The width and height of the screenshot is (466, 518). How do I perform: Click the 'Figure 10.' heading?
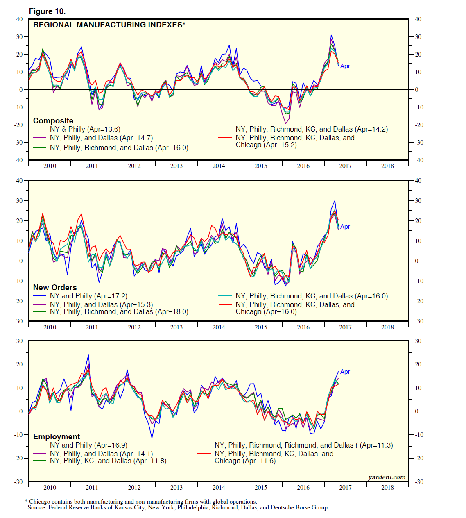(x=47, y=11)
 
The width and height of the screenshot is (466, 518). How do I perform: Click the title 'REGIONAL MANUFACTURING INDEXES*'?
(x=109, y=25)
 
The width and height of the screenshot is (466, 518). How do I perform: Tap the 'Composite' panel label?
(x=53, y=120)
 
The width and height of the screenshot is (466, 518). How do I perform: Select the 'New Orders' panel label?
(x=55, y=287)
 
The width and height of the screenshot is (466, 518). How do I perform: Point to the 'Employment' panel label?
(x=57, y=436)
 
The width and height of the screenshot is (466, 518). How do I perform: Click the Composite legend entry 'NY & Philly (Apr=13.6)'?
(x=85, y=129)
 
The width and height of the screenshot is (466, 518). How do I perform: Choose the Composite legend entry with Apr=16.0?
(x=119, y=148)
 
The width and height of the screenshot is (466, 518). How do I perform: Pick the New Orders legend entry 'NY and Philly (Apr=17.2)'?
(x=88, y=296)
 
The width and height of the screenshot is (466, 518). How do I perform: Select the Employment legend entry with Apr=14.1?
(x=101, y=454)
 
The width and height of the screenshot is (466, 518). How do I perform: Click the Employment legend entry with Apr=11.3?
(x=303, y=445)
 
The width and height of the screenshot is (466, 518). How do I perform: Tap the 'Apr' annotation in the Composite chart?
(x=345, y=66)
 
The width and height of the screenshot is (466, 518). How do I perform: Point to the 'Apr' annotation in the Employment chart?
(x=345, y=372)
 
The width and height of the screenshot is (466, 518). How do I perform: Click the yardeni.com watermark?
(x=387, y=477)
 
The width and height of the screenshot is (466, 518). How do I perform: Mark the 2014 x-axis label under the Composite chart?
(x=219, y=166)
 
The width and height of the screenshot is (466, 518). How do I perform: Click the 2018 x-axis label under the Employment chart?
(x=387, y=488)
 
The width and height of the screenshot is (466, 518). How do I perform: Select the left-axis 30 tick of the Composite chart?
(x=19, y=37)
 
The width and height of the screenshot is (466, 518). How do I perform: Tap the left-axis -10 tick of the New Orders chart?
(x=18, y=281)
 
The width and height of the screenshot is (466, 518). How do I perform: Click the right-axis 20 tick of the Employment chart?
(x=418, y=364)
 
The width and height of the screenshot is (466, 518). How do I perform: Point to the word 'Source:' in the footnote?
(x=37, y=508)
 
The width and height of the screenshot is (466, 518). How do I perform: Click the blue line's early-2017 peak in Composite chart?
(x=331, y=36)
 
